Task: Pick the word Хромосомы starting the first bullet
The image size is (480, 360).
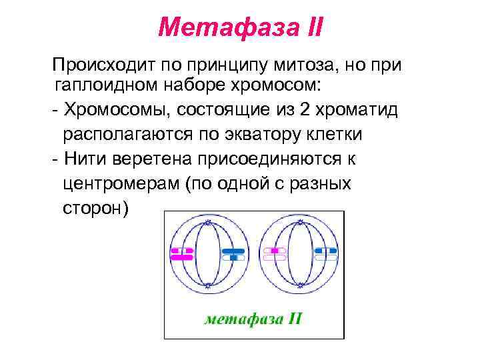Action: (x=111, y=109)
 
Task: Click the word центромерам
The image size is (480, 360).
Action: (x=119, y=183)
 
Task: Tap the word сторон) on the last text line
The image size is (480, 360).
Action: (x=96, y=207)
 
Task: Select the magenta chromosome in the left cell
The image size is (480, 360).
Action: (x=181, y=253)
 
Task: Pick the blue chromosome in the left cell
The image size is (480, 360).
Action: (x=233, y=253)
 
